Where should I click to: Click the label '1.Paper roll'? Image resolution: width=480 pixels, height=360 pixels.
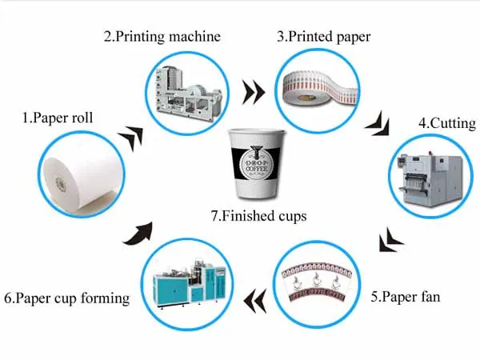click(x=57, y=118)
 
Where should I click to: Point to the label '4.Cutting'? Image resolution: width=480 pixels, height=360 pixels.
click(x=447, y=124)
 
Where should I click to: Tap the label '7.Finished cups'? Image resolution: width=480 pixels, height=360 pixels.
click(x=259, y=214)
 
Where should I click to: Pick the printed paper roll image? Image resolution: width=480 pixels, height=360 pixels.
click(x=318, y=86)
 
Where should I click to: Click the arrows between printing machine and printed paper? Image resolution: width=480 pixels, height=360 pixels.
click(x=254, y=92)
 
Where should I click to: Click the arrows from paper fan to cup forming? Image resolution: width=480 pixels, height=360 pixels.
click(x=255, y=299)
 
